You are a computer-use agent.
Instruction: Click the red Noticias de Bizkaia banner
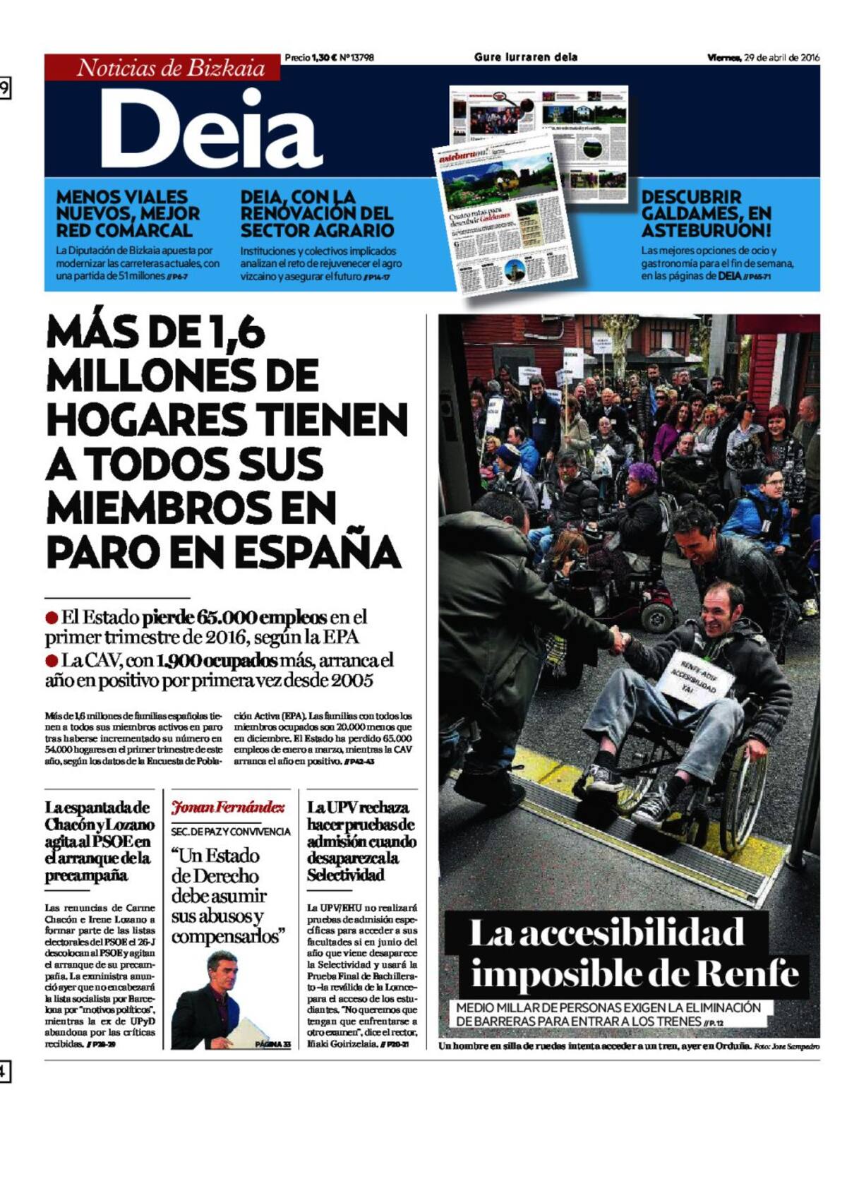tap(162, 68)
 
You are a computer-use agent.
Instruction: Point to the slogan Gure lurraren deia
tap(526, 57)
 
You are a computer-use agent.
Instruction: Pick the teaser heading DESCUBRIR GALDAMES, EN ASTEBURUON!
tap(706, 213)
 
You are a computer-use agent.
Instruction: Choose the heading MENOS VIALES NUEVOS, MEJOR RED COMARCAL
tap(128, 213)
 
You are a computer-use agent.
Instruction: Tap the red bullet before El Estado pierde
tap(51, 618)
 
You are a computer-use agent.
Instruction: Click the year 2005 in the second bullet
tap(352, 681)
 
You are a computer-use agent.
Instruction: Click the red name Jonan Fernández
tap(228, 807)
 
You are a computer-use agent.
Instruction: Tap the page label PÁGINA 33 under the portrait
tap(272, 1044)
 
